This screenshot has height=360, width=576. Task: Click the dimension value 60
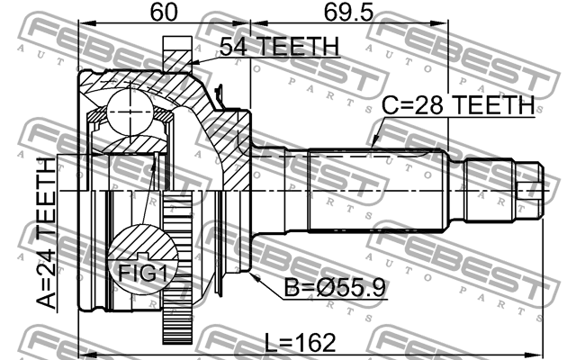click(x=163, y=13)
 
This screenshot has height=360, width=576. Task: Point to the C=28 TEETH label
click(x=457, y=105)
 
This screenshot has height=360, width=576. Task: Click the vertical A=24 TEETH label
click(x=45, y=234)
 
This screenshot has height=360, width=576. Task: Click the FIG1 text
click(x=139, y=270)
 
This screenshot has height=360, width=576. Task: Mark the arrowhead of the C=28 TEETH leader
click(x=372, y=145)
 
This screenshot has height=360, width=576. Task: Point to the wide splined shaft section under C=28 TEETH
click(x=378, y=192)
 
